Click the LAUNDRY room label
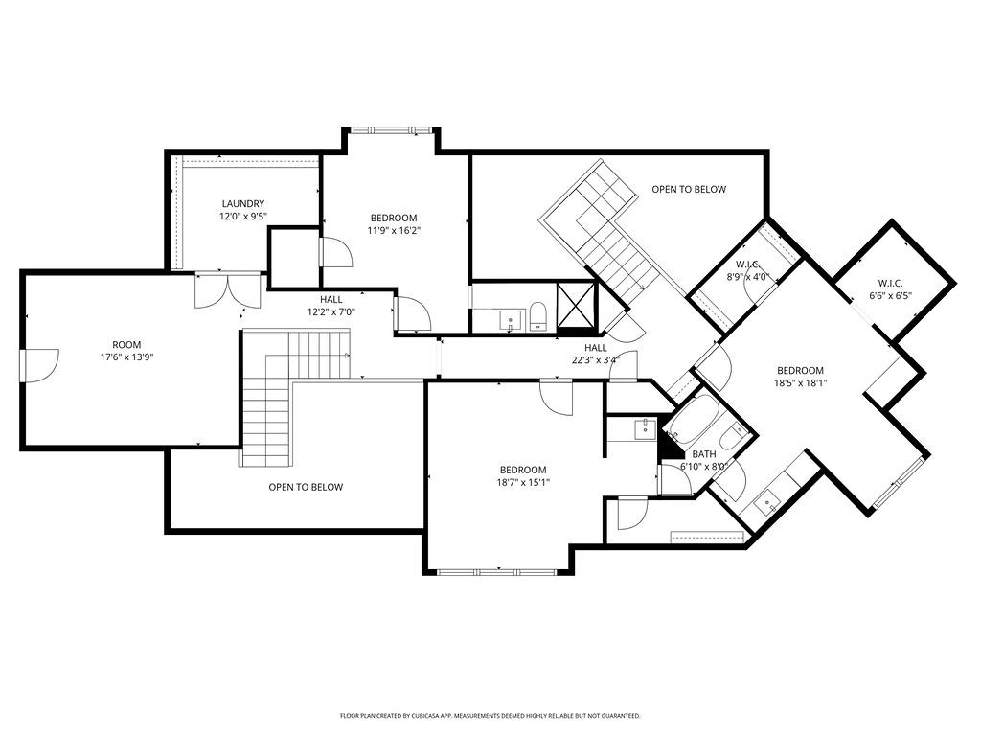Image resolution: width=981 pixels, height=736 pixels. click(x=242, y=203)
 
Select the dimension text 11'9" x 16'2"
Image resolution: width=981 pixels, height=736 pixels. click(x=394, y=230)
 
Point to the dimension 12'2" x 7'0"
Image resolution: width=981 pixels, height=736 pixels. click(x=331, y=312)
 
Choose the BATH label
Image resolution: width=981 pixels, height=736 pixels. click(x=704, y=454)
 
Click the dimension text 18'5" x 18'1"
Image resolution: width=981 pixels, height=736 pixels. click(x=800, y=383)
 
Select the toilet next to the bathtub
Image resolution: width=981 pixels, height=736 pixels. click(x=732, y=438)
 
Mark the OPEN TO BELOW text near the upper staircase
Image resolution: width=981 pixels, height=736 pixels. click(x=689, y=189)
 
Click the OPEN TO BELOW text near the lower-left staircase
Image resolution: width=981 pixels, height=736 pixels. click(x=306, y=487)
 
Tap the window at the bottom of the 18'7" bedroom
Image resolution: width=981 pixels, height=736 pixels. click(x=498, y=572)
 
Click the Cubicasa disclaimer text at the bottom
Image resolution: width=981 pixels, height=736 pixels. click(x=490, y=716)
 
